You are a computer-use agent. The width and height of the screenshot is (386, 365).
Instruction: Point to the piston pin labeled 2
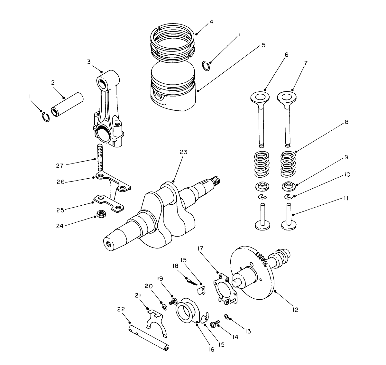click(68, 104)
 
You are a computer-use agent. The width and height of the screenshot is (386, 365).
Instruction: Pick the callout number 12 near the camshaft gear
click(295, 310)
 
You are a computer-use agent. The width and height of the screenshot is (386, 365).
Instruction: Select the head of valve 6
click(260, 97)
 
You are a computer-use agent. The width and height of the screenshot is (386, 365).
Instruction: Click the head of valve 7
click(287, 97)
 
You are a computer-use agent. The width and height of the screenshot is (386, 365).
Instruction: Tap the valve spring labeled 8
click(289, 164)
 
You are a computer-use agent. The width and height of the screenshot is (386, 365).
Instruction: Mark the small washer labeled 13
click(226, 317)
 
